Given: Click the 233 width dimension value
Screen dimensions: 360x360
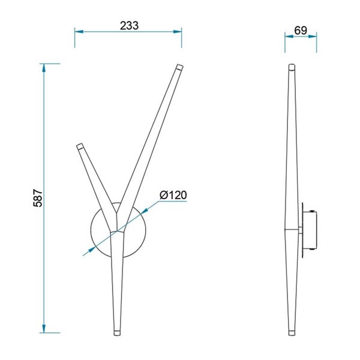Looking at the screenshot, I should [x=129, y=25].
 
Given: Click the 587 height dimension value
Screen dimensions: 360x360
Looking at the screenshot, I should [x=37, y=197].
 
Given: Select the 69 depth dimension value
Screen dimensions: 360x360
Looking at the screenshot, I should [x=301, y=29].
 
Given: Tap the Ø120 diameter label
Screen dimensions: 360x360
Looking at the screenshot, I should [x=173, y=195].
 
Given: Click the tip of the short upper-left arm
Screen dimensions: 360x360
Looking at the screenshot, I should [x=79, y=146].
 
